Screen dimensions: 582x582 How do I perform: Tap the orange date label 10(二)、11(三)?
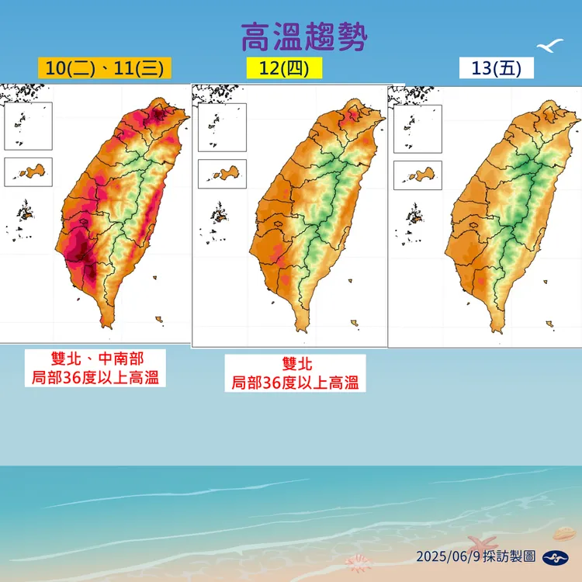(105, 68)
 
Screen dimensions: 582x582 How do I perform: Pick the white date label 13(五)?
(497, 68)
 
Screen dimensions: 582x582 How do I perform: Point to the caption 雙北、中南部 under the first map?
(95, 360)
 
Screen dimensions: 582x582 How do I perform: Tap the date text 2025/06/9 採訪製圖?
(476, 556)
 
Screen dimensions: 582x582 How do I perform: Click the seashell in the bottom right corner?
(563, 534)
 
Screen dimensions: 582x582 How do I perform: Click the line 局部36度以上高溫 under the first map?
(95, 377)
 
